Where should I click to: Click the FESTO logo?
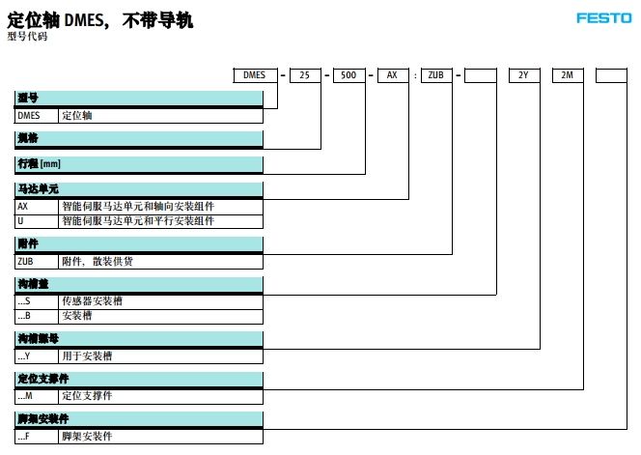click(604, 17)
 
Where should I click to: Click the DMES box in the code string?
click(256, 74)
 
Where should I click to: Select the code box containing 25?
click(305, 74)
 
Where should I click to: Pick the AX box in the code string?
click(393, 74)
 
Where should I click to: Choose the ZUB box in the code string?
click(436, 74)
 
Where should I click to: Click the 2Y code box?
click(524, 74)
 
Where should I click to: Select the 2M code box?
click(567, 74)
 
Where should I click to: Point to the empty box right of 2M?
click(611, 74)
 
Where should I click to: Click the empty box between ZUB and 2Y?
click(481, 74)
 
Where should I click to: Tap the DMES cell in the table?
click(36, 115)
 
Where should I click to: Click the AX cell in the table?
click(36, 206)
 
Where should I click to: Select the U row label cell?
click(36, 220)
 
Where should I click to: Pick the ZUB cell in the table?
click(36, 261)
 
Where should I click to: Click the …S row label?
click(36, 301)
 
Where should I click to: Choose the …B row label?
click(36, 316)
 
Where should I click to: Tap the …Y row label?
click(36, 355)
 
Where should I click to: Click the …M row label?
click(36, 396)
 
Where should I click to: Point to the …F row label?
click(36, 437)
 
